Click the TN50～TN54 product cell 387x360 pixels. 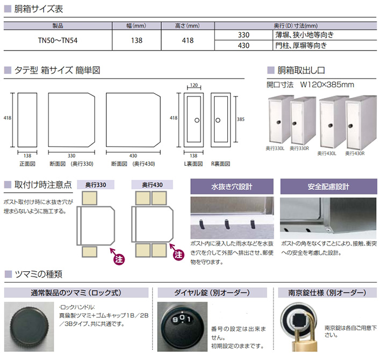click(58, 40)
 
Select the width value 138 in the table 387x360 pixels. click(137, 40)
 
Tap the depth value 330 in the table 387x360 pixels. click(243, 35)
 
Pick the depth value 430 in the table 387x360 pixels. click(243, 45)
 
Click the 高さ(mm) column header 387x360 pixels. click(188, 26)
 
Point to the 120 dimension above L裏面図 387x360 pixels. click(194, 85)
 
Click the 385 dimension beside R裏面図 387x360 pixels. click(241, 119)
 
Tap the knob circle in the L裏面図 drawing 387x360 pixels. click(197, 121)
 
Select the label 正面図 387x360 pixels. click(27, 164)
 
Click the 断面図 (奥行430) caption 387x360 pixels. click(133, 164)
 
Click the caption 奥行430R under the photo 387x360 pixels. click(355, 153)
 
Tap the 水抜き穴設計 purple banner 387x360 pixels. click(232, 187)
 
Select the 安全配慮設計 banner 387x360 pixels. click(328, 187)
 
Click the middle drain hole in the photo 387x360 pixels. click(227, 224)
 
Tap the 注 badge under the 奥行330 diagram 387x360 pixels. click(119, 259)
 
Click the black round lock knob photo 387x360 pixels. click(28, 326)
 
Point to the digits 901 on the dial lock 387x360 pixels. click(182, 319)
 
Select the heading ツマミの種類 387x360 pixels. click(39, 274)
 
